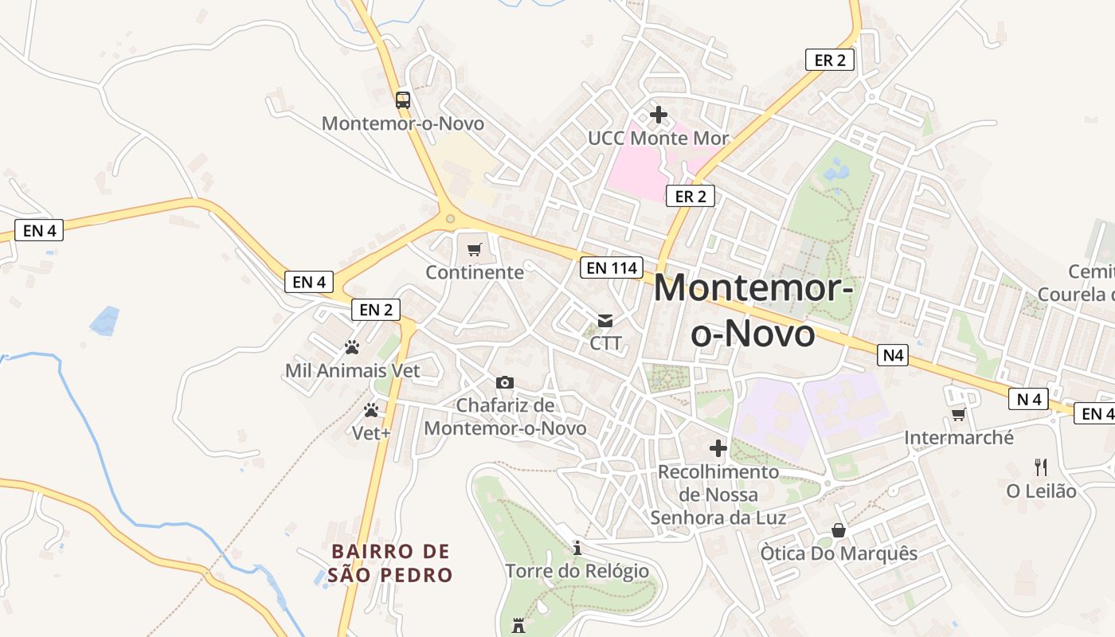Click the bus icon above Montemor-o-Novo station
pos(403,100)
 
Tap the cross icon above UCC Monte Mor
pos(658,115)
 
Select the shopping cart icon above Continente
pos(475,249)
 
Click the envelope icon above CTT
pos(605,320)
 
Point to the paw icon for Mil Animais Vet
pos(352,347)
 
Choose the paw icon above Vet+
pos(371,411)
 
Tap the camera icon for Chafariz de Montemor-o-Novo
pos(505,383)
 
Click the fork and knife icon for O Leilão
pos(1041,467)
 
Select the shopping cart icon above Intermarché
pos(959,414)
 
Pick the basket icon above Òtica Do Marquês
pos(838,530)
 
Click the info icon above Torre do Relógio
pos(577,548)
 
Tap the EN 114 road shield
pos(612,268)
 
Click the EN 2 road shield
pos(376,310)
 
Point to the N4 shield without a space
pos(893,355)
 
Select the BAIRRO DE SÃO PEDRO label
pos(390,563)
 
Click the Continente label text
pos(475,272)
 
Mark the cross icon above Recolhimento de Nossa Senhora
pos(718,448)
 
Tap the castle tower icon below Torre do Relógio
pos(518,626)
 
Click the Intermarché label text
pos(959,437)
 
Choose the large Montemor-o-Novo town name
pos(753,311)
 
